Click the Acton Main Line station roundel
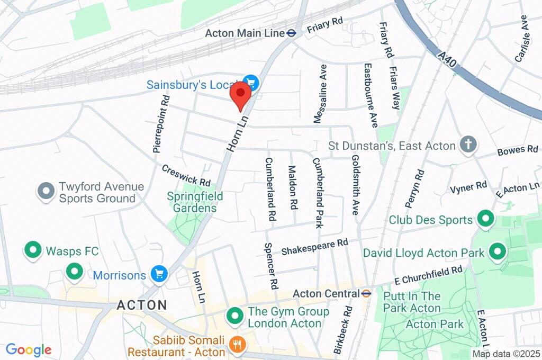[291, 33]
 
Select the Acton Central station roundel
[366, 293]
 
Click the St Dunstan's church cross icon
[468, 145]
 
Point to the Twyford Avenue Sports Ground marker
[46, 192]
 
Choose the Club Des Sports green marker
[485, 218]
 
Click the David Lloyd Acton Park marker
[497, 252]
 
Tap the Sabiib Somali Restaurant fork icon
[236, 345]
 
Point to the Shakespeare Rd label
[314, 246]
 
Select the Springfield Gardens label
[195, 202]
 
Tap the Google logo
[28, 350]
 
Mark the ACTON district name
[141, 305]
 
